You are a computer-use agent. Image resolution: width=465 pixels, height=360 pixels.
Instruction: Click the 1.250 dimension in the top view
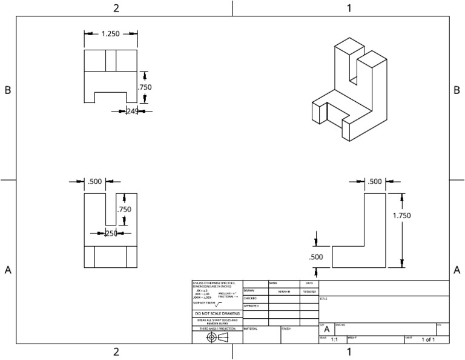click(111, 34)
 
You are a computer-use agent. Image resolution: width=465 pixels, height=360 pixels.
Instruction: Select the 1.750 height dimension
click(401, 215)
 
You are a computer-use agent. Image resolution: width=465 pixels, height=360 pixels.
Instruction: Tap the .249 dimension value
click(132, 111)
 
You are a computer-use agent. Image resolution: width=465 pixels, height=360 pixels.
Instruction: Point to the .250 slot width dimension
click(111, 233)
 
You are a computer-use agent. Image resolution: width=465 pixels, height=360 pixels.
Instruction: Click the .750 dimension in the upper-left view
click(145, 87)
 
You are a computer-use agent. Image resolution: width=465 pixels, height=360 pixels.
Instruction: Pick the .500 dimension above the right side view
click(375, 181)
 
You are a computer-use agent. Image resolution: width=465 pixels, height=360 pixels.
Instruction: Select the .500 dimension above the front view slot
click(95, 181)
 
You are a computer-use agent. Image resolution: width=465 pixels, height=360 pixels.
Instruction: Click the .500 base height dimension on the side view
click(316, 257)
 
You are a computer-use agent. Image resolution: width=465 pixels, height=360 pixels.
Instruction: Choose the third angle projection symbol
click(217, 337)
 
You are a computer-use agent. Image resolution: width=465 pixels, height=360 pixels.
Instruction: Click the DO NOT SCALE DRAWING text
click(217, 313)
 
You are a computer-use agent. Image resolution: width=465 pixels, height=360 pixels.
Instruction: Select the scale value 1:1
click(334, 340)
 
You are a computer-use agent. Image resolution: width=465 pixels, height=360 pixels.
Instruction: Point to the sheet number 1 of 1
click(428, 340)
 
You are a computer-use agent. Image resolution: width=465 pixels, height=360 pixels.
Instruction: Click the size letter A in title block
click(326, 329)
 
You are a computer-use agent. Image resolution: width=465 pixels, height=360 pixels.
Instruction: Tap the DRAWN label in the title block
click(249, 291)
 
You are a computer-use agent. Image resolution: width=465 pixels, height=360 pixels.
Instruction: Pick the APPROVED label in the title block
click(251, 306)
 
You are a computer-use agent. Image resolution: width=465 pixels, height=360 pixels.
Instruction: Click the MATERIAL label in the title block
click(251, 328)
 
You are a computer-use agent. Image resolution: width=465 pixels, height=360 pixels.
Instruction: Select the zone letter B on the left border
click(8, 90)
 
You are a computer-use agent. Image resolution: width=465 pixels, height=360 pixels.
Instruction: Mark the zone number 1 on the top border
click(349, 8)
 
